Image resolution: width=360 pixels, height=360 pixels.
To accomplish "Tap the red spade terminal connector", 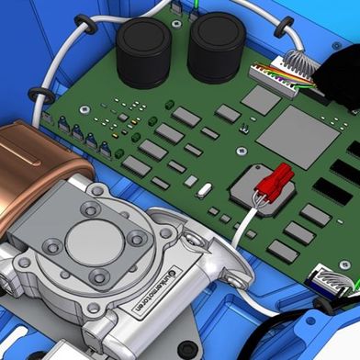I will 274,180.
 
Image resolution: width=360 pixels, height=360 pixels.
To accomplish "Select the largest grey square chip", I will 291,137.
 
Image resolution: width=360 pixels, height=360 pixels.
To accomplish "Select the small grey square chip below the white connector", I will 261,100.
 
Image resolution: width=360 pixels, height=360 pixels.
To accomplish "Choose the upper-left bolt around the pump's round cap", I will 89,209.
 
